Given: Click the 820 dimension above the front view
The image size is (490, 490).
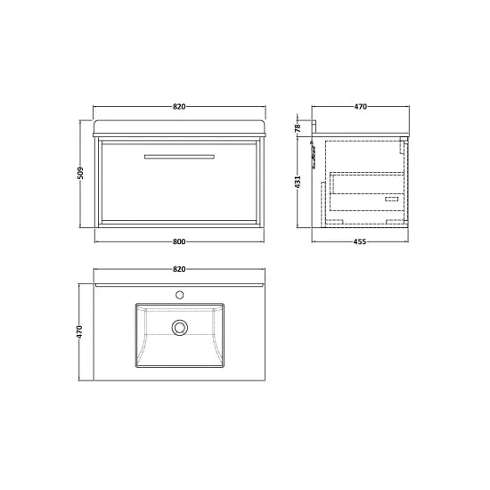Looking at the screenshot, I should tap(178, 107).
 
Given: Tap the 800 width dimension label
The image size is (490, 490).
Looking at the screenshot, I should tap(178, 241).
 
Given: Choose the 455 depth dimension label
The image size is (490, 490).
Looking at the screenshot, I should tap(360, 241).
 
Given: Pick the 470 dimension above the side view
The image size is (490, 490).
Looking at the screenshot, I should tap(360, 107).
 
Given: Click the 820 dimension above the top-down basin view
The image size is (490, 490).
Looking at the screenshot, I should tap(178, 268).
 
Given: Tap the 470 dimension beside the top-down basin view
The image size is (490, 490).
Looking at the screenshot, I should tap(80, 331).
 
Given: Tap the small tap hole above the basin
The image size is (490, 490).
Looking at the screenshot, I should tap(180, 293).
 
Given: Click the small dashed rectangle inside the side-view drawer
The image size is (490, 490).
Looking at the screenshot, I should tap(392, 201).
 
